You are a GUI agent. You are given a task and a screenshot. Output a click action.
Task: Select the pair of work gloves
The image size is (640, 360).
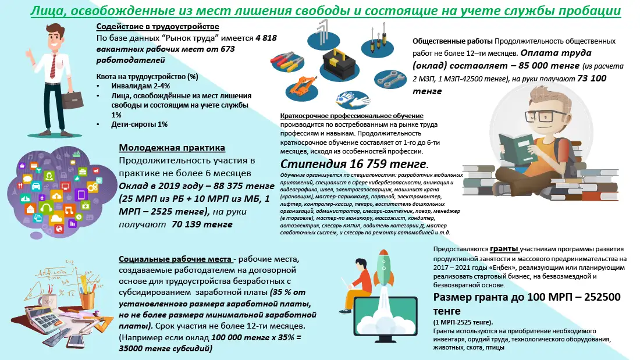pos(347,100)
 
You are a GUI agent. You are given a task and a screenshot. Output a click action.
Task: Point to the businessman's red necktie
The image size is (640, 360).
pos(54,67)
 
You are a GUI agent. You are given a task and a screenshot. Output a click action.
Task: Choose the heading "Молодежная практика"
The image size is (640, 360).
pos(172,148)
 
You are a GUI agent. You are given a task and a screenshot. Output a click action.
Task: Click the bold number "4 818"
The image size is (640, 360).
pos(266,38)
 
